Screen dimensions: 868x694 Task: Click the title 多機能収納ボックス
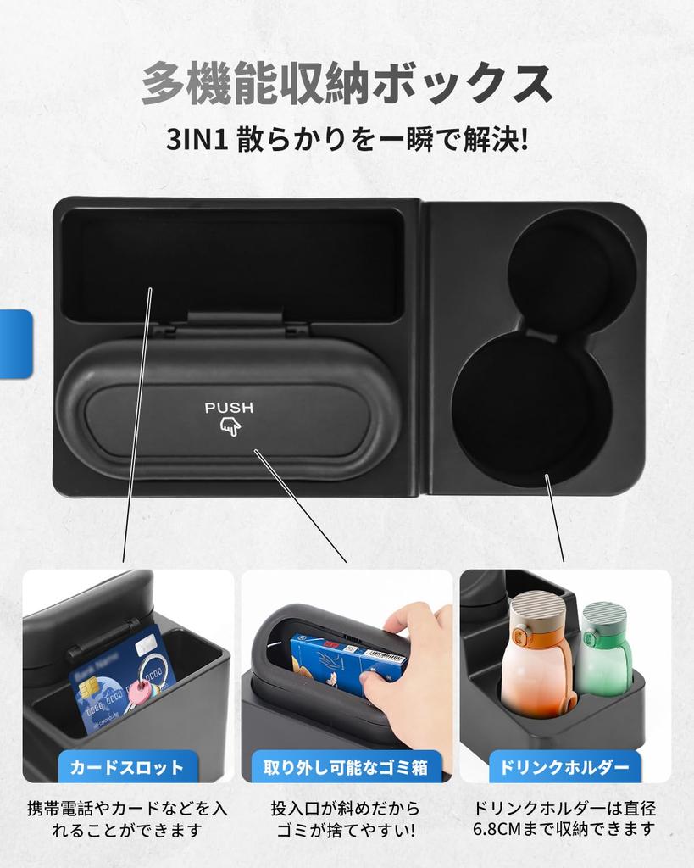pos(347,84)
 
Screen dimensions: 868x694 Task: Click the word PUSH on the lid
pos(229,408)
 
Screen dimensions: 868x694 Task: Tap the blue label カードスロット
pos(127,768)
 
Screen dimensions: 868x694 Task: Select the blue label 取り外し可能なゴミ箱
pos(347,768)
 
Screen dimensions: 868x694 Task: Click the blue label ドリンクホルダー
pos(565,768)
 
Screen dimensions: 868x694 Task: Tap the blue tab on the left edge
pos(15,343)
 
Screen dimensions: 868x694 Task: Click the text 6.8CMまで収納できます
pos(565,830)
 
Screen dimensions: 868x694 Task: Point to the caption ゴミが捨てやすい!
pos(346,830)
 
